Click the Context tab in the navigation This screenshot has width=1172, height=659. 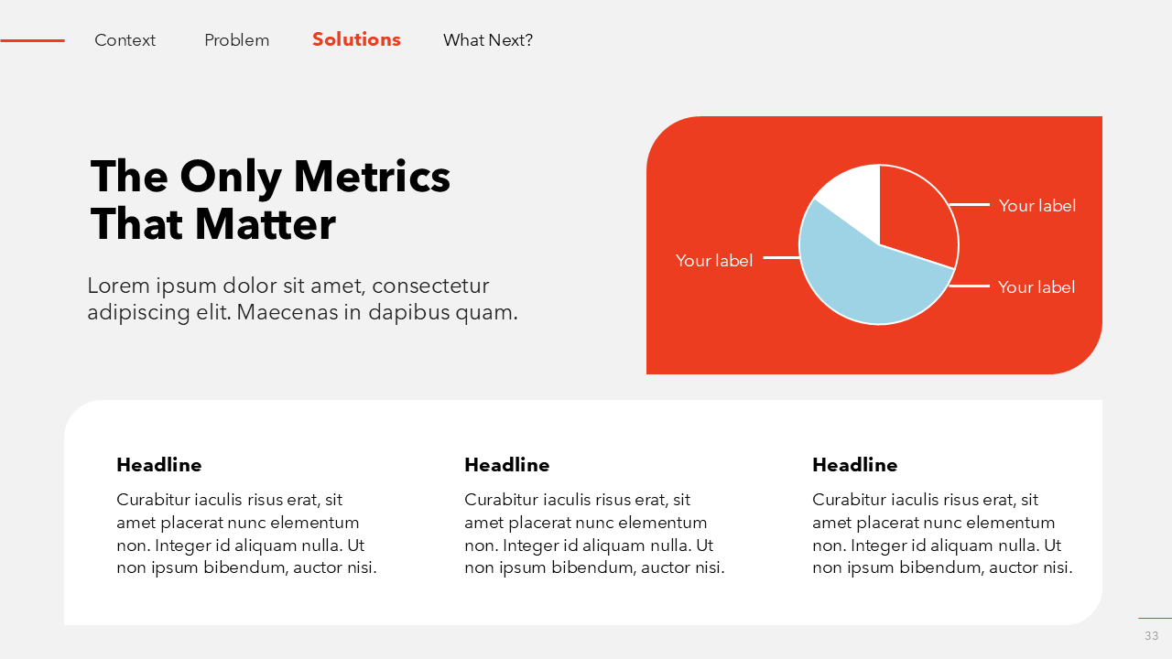(x=125, y=40)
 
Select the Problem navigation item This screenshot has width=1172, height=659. (x=236, y=40)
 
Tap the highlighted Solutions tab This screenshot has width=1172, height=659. (x=356, y=39)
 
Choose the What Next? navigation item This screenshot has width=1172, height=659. (x=488, y=40)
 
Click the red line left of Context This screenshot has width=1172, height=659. (x=32, y=40)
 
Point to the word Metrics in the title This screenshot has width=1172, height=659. (x=372, y=177)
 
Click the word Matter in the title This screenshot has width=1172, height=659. (x=266, y=224)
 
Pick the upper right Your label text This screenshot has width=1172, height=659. (x=1037, y=206)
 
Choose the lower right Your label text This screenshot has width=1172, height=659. (x=1036, y=286)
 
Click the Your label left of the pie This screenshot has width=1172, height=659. (x=714, y=261)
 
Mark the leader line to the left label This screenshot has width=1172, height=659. (x=782, y=257)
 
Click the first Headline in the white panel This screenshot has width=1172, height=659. (x=159, y=465)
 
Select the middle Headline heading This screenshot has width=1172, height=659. (x=507, y=465)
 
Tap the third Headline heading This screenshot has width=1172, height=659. (x=855, y=465)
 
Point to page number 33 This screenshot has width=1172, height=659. (x=1152, y=635)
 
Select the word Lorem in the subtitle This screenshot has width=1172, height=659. (x=119, y=286)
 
